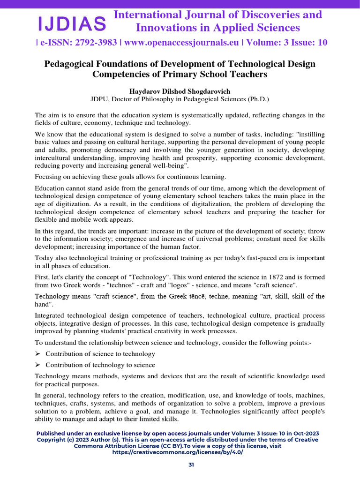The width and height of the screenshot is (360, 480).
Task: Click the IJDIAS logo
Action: (72, 22)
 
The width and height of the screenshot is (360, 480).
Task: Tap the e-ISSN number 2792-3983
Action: (86, 43)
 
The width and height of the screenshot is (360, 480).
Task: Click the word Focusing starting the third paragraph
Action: (50, 177)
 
